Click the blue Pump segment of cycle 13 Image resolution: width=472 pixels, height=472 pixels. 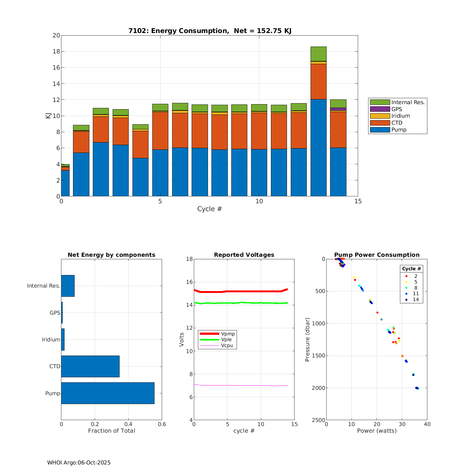tap(318, 148)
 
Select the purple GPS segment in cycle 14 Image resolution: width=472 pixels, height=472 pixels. tap(338, 109)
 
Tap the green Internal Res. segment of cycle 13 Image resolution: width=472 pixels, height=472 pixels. tap(318, 54)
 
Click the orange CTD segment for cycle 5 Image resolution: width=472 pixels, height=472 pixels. tap(160, 131)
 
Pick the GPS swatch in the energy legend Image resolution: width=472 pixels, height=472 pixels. tap(380, 109)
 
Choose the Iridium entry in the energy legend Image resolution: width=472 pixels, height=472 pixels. tap(401, 116)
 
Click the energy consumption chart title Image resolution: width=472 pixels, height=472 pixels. tap(210, 31)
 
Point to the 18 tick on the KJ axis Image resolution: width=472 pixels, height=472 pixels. tap(56, 52)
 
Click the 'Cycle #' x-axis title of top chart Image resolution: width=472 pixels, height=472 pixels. tap(210, 209)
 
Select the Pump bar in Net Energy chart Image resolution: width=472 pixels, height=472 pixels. tap(108, 393)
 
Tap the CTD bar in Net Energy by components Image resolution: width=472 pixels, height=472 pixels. tap(90, 366)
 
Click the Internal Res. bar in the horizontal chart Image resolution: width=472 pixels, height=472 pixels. tap(68, 286)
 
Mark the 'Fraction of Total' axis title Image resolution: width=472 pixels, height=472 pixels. tap(111, 431)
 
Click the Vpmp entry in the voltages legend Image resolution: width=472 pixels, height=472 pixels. tap(228, 334)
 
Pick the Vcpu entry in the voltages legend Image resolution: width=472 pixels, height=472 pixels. tap(227, 346)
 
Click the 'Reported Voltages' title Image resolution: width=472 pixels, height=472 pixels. tap(244, 255)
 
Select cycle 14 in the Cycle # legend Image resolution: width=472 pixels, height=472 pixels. tap(416, 300)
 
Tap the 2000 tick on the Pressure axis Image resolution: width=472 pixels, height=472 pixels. tap(318, 388)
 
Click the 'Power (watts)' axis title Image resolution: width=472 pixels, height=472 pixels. tap(377, 431)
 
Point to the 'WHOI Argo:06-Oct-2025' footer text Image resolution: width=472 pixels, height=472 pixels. tap(79, 463)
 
